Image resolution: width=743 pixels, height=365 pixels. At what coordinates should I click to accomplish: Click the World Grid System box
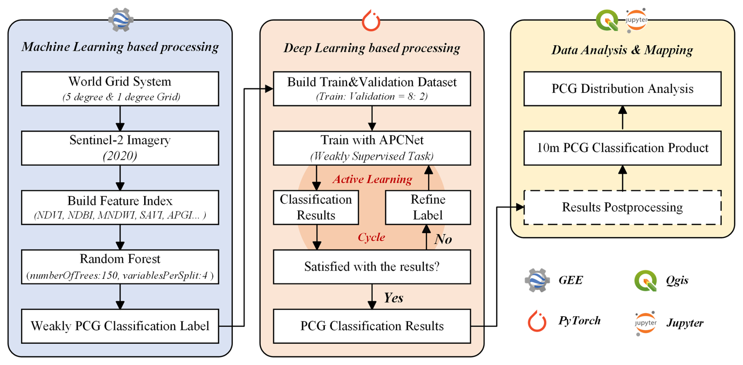coord(120,88)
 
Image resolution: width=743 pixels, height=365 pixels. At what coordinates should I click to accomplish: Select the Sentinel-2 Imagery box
coord(120,148)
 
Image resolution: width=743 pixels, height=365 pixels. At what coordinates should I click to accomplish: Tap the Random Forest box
coord(120,267)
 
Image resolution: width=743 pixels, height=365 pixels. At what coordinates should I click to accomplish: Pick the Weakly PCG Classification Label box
coord(120,326)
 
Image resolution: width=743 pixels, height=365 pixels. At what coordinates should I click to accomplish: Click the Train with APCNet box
coord(371,148)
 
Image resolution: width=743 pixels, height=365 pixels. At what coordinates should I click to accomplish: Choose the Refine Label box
coord(428,207)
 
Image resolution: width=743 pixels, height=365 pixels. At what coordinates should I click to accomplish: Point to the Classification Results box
coord(316,207)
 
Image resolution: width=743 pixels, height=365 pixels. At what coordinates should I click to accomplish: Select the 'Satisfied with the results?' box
coord(371,267)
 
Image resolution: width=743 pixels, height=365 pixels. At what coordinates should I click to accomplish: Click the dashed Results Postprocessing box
coord(622,207)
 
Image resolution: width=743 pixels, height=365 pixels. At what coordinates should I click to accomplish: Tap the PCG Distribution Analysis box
coord(622,88)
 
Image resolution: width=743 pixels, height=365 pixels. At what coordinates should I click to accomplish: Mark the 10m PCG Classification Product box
coord(622,148)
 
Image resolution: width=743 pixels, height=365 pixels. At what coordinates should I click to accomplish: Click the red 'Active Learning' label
coord(372,179)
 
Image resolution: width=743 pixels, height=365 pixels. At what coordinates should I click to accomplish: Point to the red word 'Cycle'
coord(371,237)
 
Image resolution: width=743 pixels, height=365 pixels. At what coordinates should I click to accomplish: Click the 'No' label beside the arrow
coord(443,239)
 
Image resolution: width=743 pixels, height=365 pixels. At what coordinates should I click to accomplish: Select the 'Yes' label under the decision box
coord(393,298)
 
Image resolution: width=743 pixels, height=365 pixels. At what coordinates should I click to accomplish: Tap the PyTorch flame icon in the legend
coord(537,321)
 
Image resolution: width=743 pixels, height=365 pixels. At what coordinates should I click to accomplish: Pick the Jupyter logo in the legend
coord(645,323)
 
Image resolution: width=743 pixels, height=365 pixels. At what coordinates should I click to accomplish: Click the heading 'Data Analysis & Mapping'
coord(622,50)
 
